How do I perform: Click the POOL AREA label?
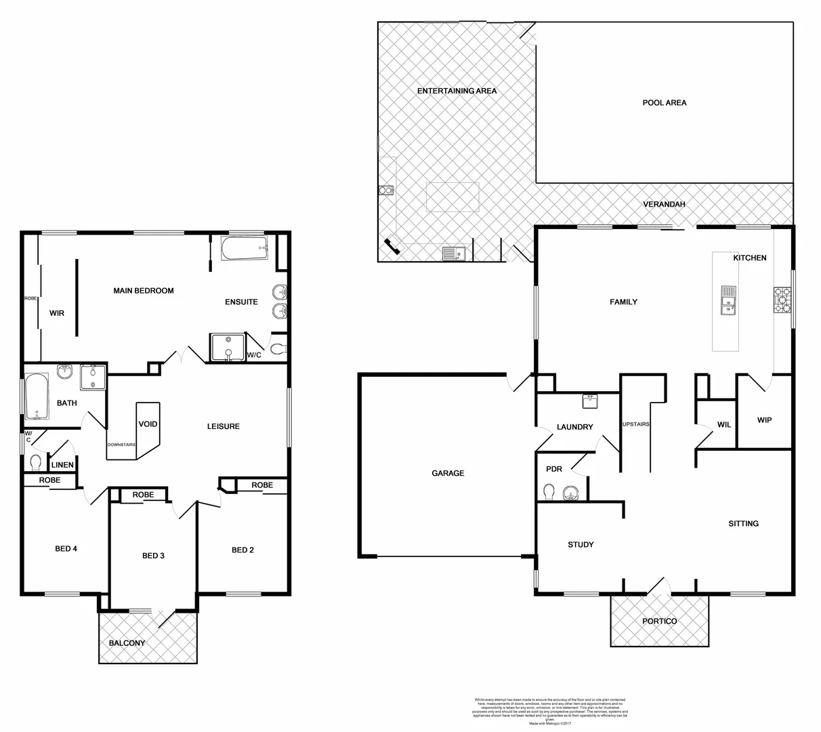664,103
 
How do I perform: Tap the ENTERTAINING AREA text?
457,91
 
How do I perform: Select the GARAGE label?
448,473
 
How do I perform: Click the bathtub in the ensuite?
245,249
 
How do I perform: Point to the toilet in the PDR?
550,491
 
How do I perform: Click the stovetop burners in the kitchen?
782,301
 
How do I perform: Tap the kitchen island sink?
728,301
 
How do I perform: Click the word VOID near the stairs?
148,424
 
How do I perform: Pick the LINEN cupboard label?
62,465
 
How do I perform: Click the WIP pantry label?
764,420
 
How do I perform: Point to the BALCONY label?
127,643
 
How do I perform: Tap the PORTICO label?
659,621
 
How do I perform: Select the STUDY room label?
581,544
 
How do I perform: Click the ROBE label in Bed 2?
261,485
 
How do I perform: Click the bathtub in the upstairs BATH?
36,396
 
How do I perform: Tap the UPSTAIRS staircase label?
635,424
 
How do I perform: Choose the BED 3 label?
153,556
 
